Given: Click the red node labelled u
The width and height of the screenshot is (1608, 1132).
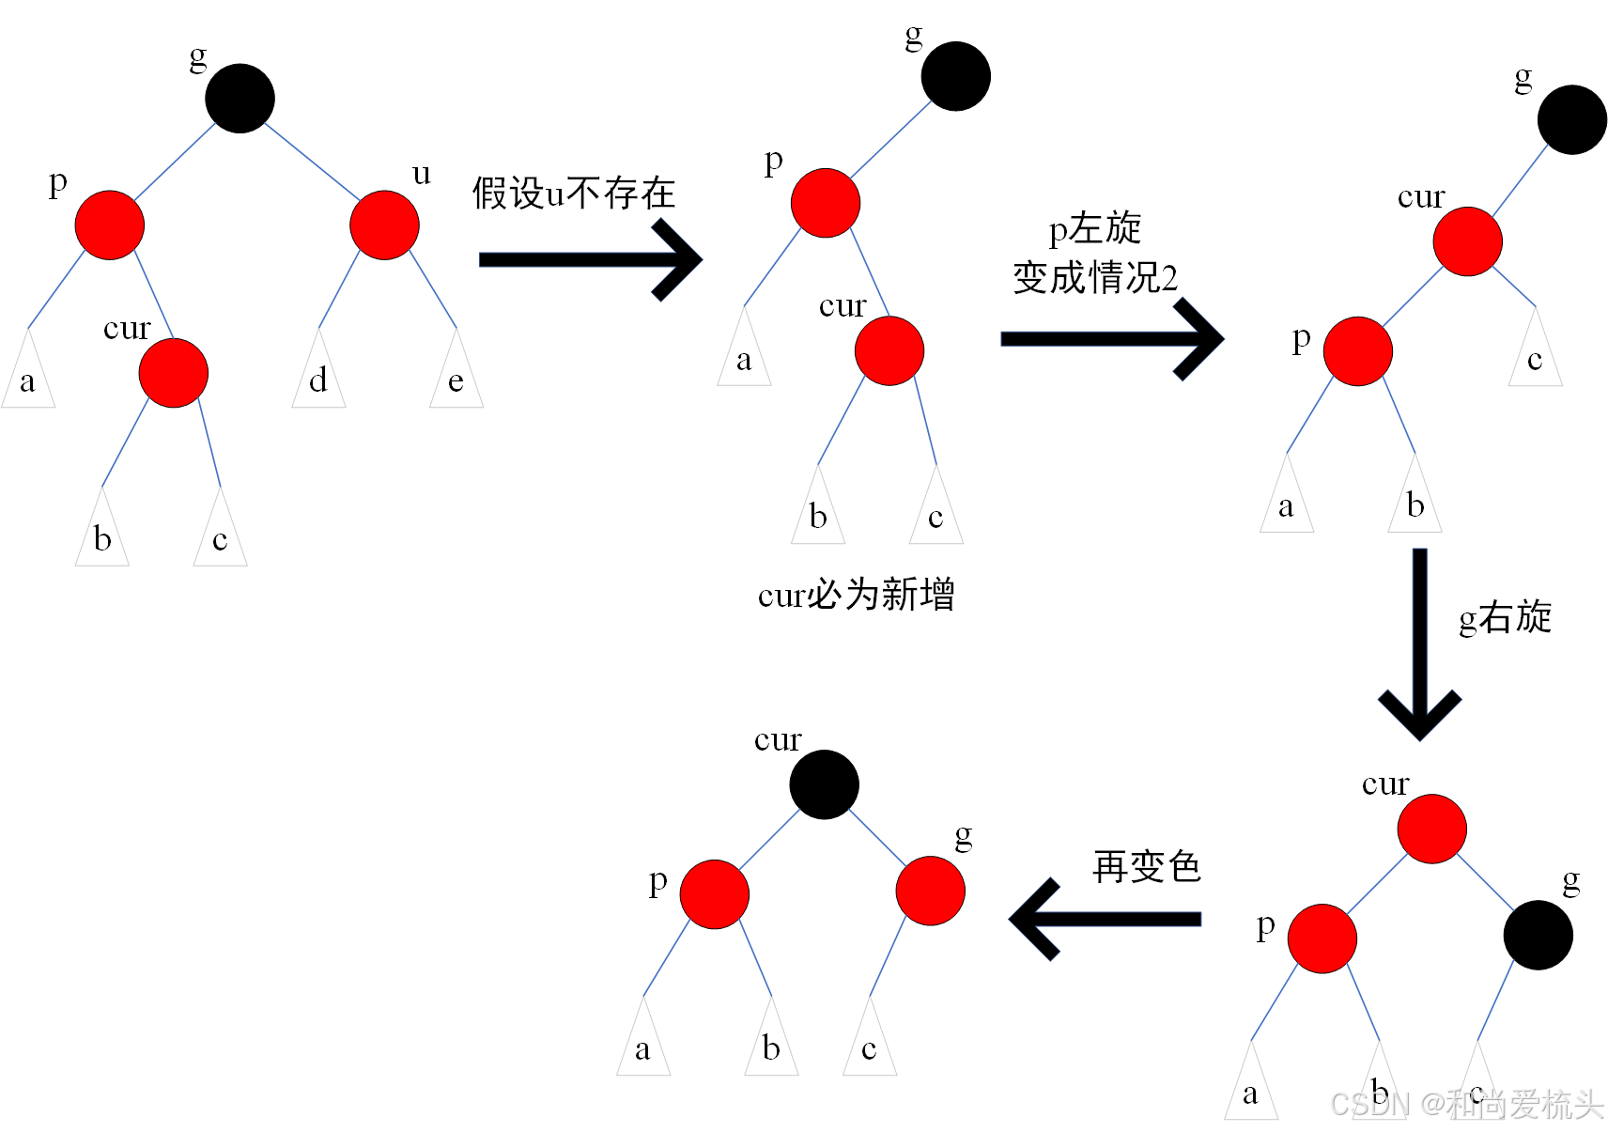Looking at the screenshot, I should coord(384,225).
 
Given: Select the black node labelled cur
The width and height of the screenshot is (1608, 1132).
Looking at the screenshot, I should coord(824,784).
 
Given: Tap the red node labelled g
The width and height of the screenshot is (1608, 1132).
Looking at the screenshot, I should coord(930,891).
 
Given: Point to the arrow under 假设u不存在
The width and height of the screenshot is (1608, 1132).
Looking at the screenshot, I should coord(589,260).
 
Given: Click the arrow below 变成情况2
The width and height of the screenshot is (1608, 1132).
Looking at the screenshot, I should coord(1111,339).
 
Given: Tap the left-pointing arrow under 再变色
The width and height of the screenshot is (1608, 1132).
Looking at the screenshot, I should coord(1105,919).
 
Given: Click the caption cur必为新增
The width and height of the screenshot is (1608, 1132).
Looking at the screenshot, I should coord(856,595).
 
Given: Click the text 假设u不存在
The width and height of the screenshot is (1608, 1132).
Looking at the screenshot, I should coord(573,194).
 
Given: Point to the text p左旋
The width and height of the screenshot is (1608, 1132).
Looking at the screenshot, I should coord(1094,228).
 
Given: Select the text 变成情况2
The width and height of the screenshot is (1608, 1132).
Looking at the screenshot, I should coord(1094,278).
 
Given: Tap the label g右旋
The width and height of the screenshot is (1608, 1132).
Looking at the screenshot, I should coord(1505,617).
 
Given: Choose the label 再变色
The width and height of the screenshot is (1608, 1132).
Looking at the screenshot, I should coord(1147,866).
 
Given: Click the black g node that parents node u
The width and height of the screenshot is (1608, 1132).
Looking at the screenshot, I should coord(240,98).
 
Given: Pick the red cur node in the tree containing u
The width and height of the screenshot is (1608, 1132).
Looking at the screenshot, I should coord(174,373).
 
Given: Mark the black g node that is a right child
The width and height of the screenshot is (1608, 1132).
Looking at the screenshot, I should coord(1538,935).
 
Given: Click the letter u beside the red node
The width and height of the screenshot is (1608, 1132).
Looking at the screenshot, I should coord(422,174).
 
